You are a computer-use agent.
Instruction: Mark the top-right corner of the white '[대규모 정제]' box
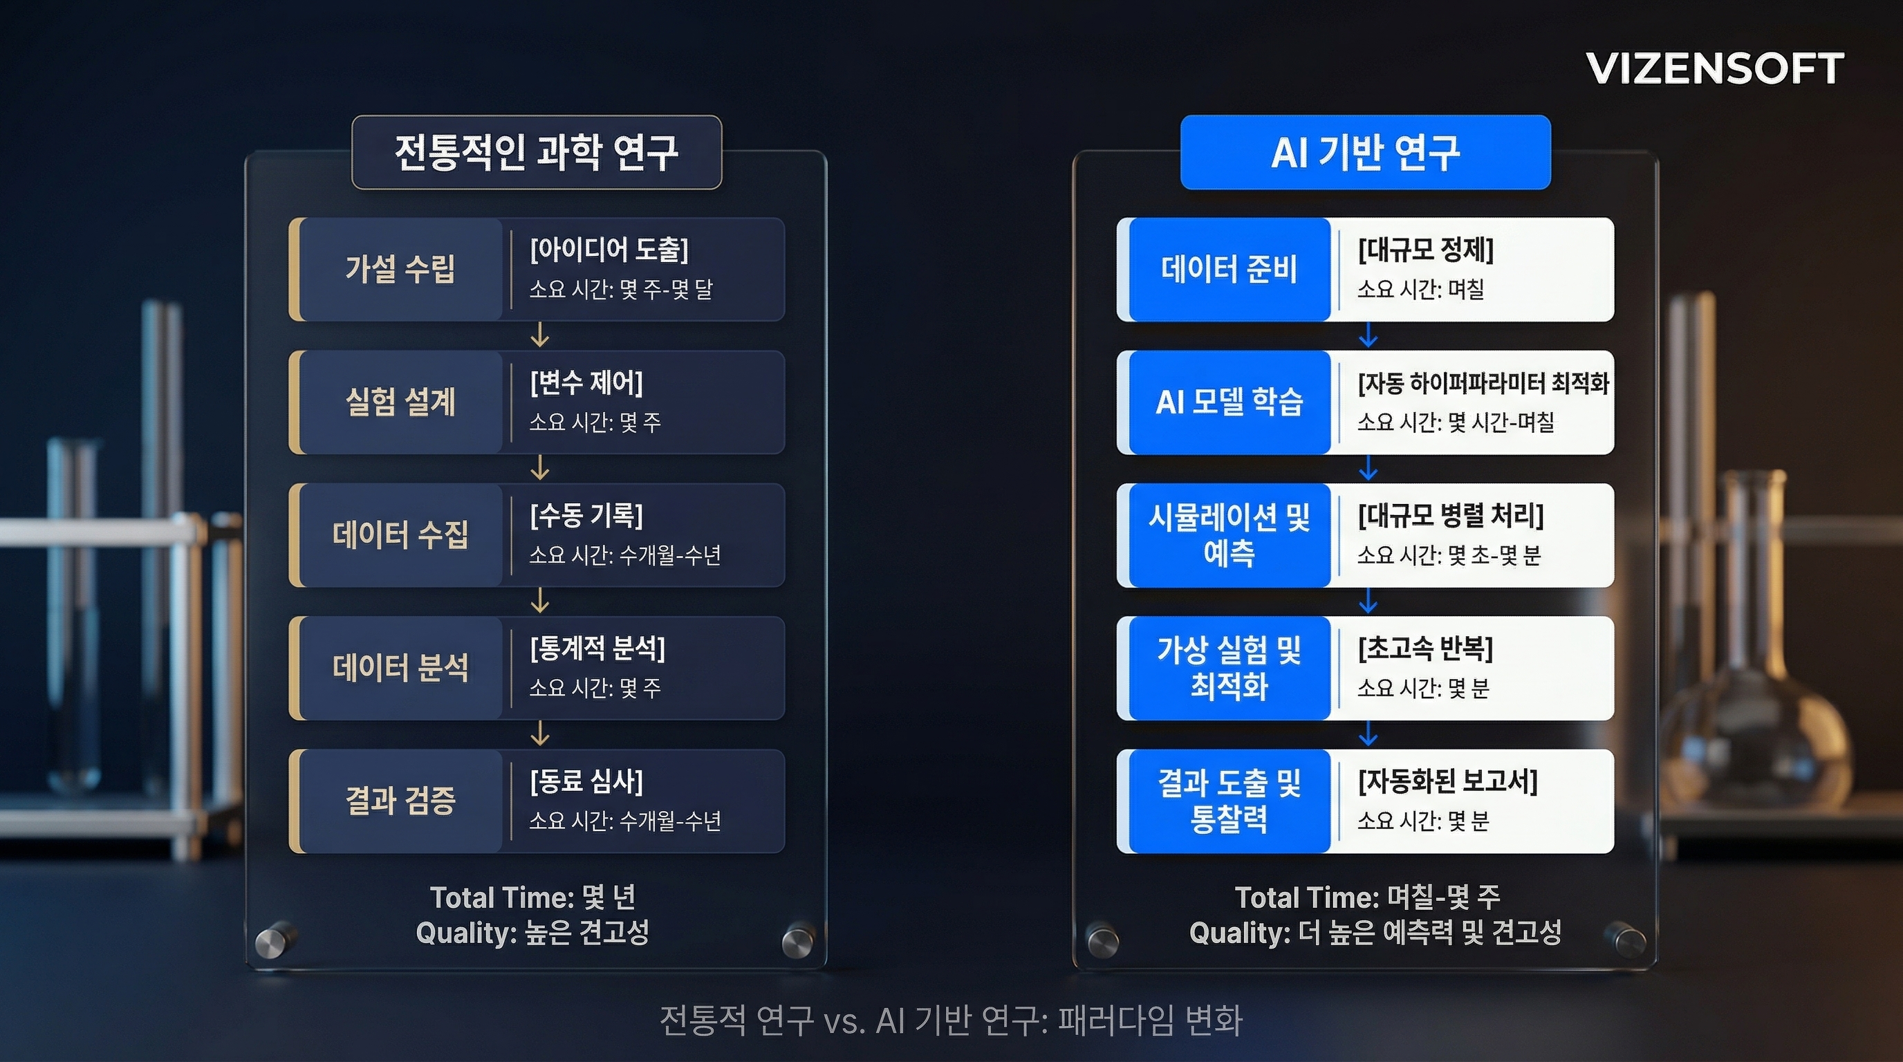click(1614, 217)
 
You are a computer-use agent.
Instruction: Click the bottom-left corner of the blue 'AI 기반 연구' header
click(1180, 189)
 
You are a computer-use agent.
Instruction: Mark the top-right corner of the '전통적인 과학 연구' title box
click(722, 115)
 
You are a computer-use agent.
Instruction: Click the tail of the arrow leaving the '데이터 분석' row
click(540, 721)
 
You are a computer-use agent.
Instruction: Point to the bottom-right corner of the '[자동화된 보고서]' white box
click(1614, 853)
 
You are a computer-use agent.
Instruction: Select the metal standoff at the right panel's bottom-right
click(1628, 941)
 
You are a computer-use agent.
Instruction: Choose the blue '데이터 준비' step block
click(1229, 269)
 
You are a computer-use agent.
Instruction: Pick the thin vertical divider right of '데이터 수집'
click(510, 535)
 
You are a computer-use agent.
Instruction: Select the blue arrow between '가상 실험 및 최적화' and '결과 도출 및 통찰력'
click(1368, 734)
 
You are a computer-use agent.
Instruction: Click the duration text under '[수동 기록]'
click(625, 555)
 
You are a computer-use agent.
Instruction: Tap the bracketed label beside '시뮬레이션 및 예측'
click(1451, 516)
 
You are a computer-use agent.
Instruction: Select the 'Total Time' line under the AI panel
click(1367, 897)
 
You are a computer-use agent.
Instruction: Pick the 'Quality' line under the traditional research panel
click(532, 933)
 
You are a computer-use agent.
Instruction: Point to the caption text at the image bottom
click(951, 1021)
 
